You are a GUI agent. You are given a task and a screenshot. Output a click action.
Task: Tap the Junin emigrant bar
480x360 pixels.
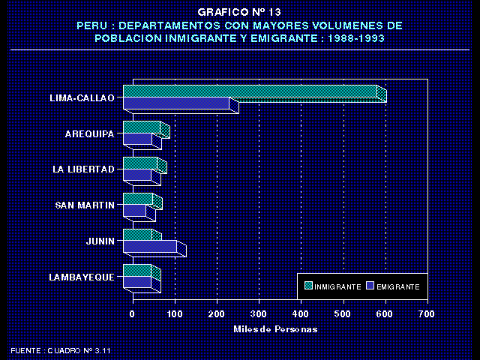[150, 247]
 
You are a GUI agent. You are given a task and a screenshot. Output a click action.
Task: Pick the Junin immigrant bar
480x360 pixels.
[138, 235]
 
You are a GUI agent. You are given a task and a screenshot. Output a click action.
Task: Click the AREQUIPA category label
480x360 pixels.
[89, 134]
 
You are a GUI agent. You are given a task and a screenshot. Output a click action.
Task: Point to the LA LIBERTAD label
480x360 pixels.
[83, 169]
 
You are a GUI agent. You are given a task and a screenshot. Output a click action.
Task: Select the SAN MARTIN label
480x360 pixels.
[85, 205]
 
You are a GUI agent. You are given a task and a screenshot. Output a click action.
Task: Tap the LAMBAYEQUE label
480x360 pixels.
[81, 277]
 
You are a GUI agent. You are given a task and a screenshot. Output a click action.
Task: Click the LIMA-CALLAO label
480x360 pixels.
[81, 98]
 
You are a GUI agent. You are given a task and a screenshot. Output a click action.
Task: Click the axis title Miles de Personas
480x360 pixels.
[275, 329]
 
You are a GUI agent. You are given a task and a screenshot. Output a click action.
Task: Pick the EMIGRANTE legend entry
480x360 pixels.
[397, 287]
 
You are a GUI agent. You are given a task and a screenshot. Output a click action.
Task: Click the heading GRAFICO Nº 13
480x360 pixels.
[239, 13]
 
